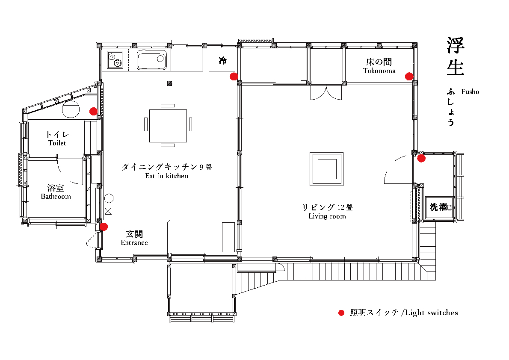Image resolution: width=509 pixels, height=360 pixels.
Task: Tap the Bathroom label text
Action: pyautogui.click(x=56, y=196)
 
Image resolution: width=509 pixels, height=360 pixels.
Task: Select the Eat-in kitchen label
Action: pyautogui.click(x=166, y=176)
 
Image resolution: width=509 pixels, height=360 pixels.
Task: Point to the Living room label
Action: pyautogui.click(x=327, y=216)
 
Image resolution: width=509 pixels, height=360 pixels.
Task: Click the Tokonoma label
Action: pyautogui.click(x=379, y=71)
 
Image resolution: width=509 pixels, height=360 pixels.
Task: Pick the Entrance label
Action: pyautogui.click(x=134, y=242)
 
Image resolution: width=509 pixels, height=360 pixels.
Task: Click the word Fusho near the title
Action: pyautogui.click(x=470, y=92)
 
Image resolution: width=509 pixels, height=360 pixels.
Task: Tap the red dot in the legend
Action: pyautogui.click(x=341, y=313)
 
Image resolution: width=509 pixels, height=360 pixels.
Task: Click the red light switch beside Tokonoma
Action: pyautogui.click(x=409, y=77)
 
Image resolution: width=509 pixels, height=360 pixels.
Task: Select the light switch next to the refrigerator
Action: pyautogui.click(x=234, y=77)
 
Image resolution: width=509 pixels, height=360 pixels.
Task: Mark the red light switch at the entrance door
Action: pyautogui.click(x=104, y=227)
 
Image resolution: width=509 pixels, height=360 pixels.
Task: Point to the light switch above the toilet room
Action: pyautogui.click(x=94, y=111)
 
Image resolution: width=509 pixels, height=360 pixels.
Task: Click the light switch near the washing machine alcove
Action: pyautogui.click(x=421, y=159)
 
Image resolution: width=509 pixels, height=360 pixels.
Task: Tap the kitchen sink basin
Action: pyautogui.click(x=152, y=60)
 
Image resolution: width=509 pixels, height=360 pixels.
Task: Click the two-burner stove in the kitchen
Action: pyautogui.click(x=115, y=60)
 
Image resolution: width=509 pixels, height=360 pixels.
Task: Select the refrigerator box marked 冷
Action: pyautogui.click(x=222, y=60)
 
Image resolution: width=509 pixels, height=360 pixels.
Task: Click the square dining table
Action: pyautogui.click(x=168, y=126)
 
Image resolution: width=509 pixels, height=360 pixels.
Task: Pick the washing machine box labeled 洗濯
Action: pyautogui.click(x=439, y=207)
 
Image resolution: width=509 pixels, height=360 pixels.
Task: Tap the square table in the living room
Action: pyautogui.click(x=326, y=169)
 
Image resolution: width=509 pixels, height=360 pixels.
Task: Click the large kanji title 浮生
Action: pyautogui.click(x=456, y=56)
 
